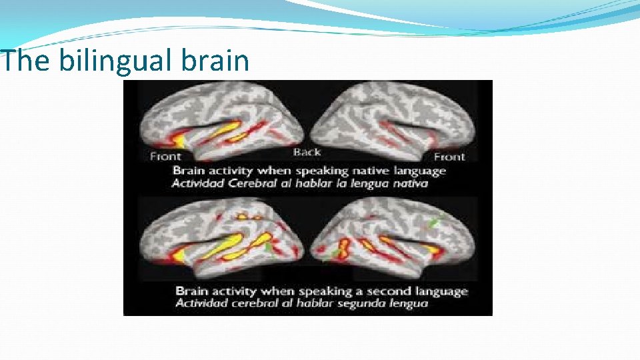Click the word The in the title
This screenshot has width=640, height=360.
(x=25, y=61)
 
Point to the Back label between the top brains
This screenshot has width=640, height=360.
(x=307, y=152)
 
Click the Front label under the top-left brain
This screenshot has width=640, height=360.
(x=165, y=157)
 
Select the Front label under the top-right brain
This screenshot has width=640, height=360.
(x=449, y=157)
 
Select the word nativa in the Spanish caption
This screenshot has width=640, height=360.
(x=409, y=183)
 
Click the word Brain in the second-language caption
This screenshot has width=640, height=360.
(x=191, y=291)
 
